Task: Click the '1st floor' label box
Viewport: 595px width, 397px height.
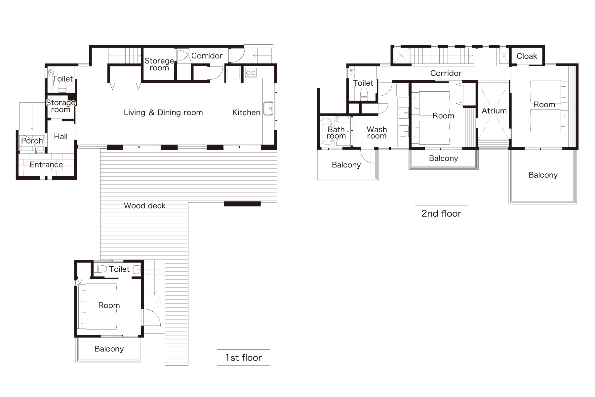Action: click(243, 357)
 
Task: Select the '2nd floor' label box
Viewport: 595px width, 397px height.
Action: click(441, 213)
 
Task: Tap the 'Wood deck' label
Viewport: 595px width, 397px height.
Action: click(145, 206)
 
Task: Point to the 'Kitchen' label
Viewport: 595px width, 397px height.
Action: click(246, 112)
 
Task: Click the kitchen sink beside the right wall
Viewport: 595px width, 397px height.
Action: click(268, 109)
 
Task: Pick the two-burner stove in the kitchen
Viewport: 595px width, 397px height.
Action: click(251, 72)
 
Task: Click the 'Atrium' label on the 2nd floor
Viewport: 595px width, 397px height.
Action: click(494, 111)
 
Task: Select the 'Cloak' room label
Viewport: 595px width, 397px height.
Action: click(527, 56)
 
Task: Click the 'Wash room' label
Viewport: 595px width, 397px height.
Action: click(377, 133)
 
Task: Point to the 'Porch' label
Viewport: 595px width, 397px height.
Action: click(32, 141)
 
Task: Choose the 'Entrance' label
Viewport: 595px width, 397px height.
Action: click(46, 165)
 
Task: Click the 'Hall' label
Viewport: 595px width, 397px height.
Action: click(61, 137)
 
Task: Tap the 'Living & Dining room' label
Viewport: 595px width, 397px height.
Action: click(163, 112)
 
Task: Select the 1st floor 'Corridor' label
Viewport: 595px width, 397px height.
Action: click(207, 56)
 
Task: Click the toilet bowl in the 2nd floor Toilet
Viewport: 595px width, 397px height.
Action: click(364, 93)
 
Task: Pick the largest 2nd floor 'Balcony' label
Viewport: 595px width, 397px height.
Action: click(543, 175)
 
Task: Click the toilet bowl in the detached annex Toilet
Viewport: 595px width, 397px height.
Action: click(99, 269)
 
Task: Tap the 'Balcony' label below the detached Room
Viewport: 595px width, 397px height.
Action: click(109, 349)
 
